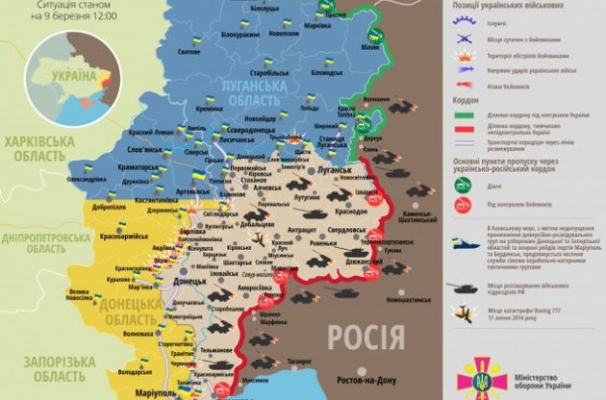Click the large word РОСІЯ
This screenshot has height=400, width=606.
coord(363,337)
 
